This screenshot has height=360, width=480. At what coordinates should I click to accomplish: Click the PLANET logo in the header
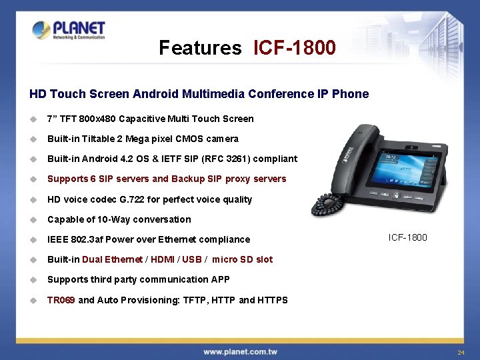point(69,30)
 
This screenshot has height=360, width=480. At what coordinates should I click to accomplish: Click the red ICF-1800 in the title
point(294,48)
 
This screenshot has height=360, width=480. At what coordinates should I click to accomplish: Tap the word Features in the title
point(200,48)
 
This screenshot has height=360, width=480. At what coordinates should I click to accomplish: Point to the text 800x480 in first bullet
point(98,119)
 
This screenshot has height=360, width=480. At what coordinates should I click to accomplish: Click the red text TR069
point(61,300)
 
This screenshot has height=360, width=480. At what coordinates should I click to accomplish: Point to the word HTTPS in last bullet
point(273,300)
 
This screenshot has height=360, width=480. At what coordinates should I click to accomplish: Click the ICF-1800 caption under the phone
point(408,237)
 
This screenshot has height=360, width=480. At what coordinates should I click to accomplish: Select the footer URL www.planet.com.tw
point(240,351)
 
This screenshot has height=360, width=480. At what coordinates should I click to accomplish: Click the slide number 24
point(460,352)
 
